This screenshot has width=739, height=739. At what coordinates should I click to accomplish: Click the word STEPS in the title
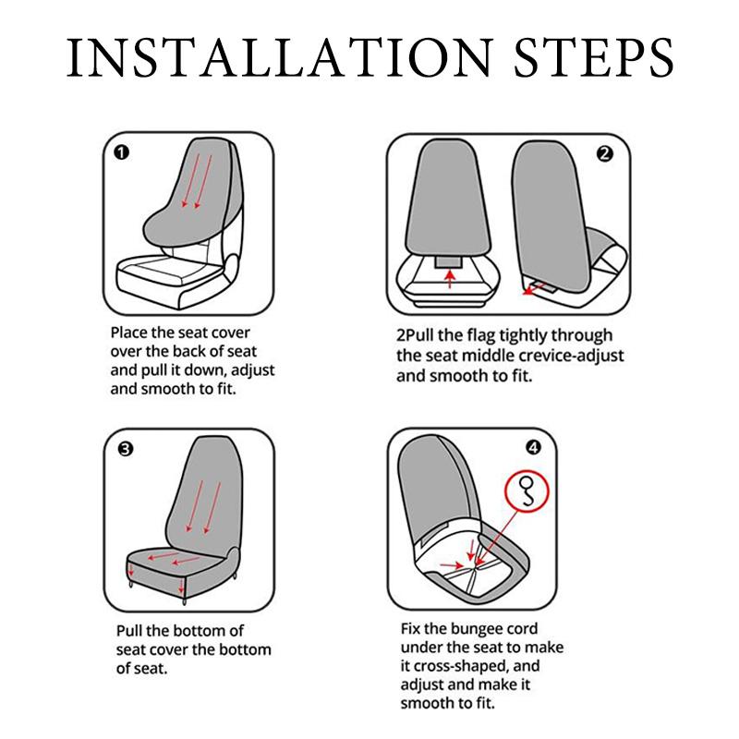(594, 57)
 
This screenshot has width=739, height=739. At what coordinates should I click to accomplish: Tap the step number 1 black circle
(121, 152)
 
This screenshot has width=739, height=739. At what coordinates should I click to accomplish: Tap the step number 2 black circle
(605, 153)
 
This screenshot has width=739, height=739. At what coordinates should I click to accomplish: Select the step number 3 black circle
(125, 449)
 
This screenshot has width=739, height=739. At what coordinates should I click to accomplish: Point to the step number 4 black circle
(533, 447)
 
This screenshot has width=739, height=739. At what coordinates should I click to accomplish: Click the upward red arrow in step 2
(451, 279)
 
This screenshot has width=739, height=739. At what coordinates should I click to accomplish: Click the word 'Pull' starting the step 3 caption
(128, 631)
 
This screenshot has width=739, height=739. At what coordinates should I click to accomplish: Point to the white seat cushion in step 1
(170, 273)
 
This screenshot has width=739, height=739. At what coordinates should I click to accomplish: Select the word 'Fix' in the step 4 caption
(410, 629)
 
